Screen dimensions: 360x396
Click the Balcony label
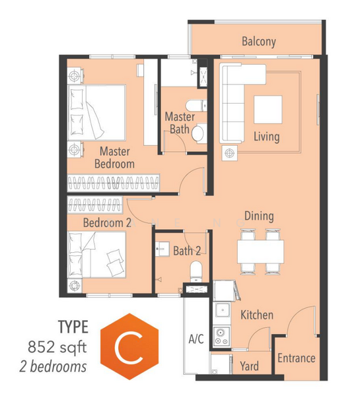point(259,42)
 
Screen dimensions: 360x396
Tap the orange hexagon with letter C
point(129,346)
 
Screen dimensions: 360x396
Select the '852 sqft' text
point(57,347)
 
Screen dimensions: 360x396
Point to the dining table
point(260,251)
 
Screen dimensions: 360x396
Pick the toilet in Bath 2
point(196,271)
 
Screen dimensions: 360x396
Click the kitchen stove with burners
point(222,336)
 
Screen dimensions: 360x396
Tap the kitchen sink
point(222,310)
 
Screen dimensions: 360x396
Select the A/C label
point(196,339)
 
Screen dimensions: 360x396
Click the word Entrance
point(297,358)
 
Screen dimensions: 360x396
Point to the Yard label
point(249,366)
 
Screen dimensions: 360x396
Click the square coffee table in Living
point(268,110)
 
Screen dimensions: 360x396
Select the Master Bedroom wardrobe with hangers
point(113,183)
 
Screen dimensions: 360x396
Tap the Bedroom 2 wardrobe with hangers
point(95,205)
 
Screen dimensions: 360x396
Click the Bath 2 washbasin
point(162,249)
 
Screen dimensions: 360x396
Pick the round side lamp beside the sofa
point(230,153)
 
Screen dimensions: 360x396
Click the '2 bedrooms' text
point(53,367)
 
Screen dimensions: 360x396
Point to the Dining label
point(259,216)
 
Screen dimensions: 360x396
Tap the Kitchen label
point(257,315)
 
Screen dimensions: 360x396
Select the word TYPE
point(73,327)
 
